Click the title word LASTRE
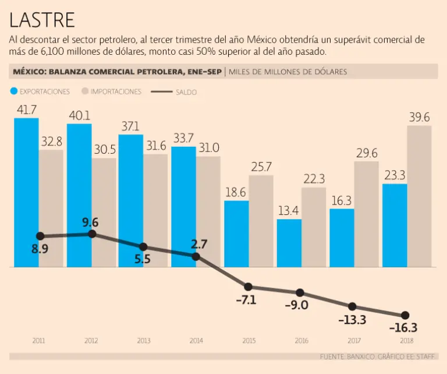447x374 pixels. [x=42, y=20]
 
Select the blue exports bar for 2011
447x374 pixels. [x=26, y=192]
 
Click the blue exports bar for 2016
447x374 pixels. [x=289, y=243]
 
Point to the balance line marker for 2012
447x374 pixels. [x=92, y=234]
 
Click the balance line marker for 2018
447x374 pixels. [x=405, y=315]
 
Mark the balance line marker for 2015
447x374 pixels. [x=248, y=287]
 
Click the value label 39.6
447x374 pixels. [x=419, y=118]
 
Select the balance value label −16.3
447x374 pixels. [x=402, y=328]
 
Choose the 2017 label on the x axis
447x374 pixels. [x=352, y=341]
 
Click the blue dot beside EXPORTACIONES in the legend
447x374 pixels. [x=13, y=91]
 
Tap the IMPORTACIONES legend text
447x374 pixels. [x=116, y=92]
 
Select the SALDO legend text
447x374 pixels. [x=186, y=92]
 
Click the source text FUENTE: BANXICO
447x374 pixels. [x=350, y=356]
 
